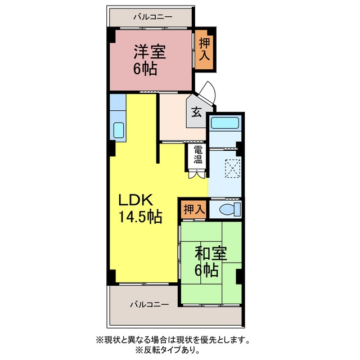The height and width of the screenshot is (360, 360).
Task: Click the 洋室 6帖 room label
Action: pyautogui.click(x=150, y=60)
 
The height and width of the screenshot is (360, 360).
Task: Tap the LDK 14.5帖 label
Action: pyautogui.click(x=140, y=208)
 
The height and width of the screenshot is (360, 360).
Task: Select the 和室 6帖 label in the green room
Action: pyautogui.click(x=211, y=262)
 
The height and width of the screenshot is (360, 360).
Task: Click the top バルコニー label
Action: pyautogui.click(x=153, y=17)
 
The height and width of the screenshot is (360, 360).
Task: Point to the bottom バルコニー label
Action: pyautogui.click(x=150, y=305)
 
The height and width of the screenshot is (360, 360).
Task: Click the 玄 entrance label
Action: pyautogui.click(x=197, y=112)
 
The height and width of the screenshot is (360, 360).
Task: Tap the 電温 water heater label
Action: pyautogui.click(x=198, y=155)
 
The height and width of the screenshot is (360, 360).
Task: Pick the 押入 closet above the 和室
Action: pyautogui.click(x=194, y=209)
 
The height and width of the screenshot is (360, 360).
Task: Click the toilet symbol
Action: pyautogui.click(x=229, y=209)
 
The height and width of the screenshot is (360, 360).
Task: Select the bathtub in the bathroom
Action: pyautogui.click(x=225, y=123)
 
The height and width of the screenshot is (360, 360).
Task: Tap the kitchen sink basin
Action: pyautogui.click(x=119, y=130)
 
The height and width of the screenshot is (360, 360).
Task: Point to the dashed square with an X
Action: pyautogui.click(x=232, y=169)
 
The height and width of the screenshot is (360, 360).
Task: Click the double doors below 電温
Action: pyautogui.click(x=196, y=174)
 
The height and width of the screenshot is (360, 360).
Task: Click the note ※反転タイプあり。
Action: pyautogui.click(x=168, y=350)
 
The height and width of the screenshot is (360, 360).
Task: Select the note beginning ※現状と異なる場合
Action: pyautogui.click(x=173, y=340)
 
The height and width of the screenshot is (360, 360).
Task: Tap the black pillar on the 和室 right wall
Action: pyautogui.click(x=238, y=276)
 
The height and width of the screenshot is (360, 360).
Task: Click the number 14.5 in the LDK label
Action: pyautogui.click(x=132, y=217)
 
